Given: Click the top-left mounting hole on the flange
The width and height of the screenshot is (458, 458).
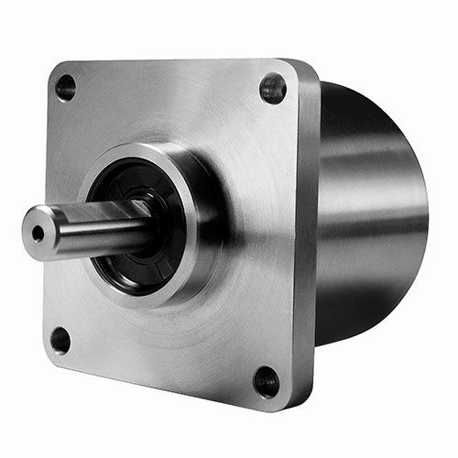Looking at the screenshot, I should tap(66, 88).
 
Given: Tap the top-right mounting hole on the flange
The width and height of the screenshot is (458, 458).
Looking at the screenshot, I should tap(273, 88).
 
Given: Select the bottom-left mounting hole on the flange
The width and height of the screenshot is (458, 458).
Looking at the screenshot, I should tap(60, 340).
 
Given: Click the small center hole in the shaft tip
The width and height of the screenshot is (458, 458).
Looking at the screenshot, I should tap(38, 233).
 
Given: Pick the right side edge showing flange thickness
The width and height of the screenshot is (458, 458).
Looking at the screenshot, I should tap(309, 238).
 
